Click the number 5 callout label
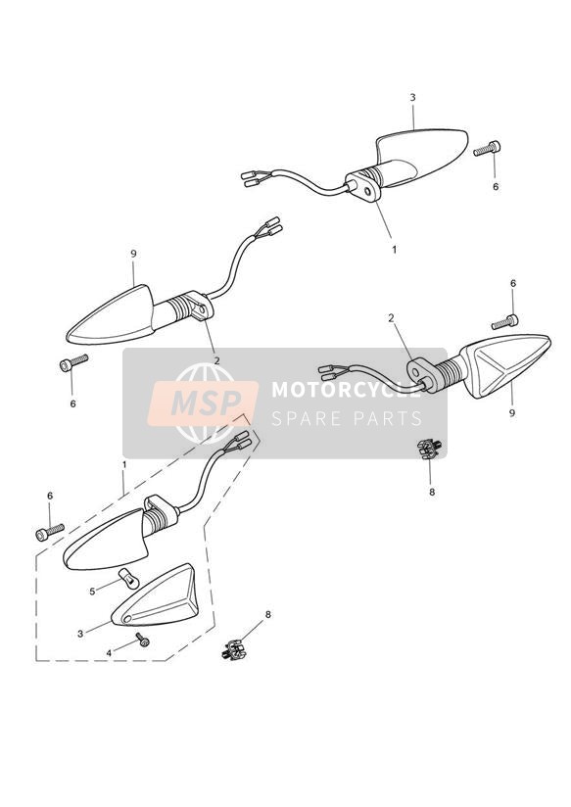(92, 592)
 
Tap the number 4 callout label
(109, 653)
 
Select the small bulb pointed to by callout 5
(129, 579)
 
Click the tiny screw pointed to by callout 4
(143, 640)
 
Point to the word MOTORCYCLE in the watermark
(346, 390)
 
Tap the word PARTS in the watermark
(387, 418)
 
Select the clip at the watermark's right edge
(429, 449)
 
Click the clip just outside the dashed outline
(233, 649)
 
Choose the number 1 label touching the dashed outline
(124, 464)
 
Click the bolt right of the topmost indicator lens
(487, 148)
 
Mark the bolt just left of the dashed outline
(50, 532)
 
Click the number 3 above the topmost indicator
(412, 97)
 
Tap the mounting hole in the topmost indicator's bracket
(366, 191)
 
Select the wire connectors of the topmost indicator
(254, 178)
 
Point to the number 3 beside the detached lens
(79, 634)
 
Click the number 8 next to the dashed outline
(267, 614)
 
